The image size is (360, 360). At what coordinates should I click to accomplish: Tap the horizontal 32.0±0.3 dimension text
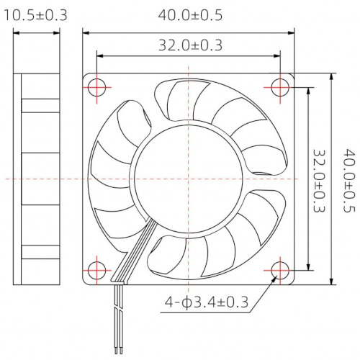189,45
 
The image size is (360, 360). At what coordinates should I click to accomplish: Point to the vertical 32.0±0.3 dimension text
320,177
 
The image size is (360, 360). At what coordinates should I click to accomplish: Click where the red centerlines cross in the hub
189,177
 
